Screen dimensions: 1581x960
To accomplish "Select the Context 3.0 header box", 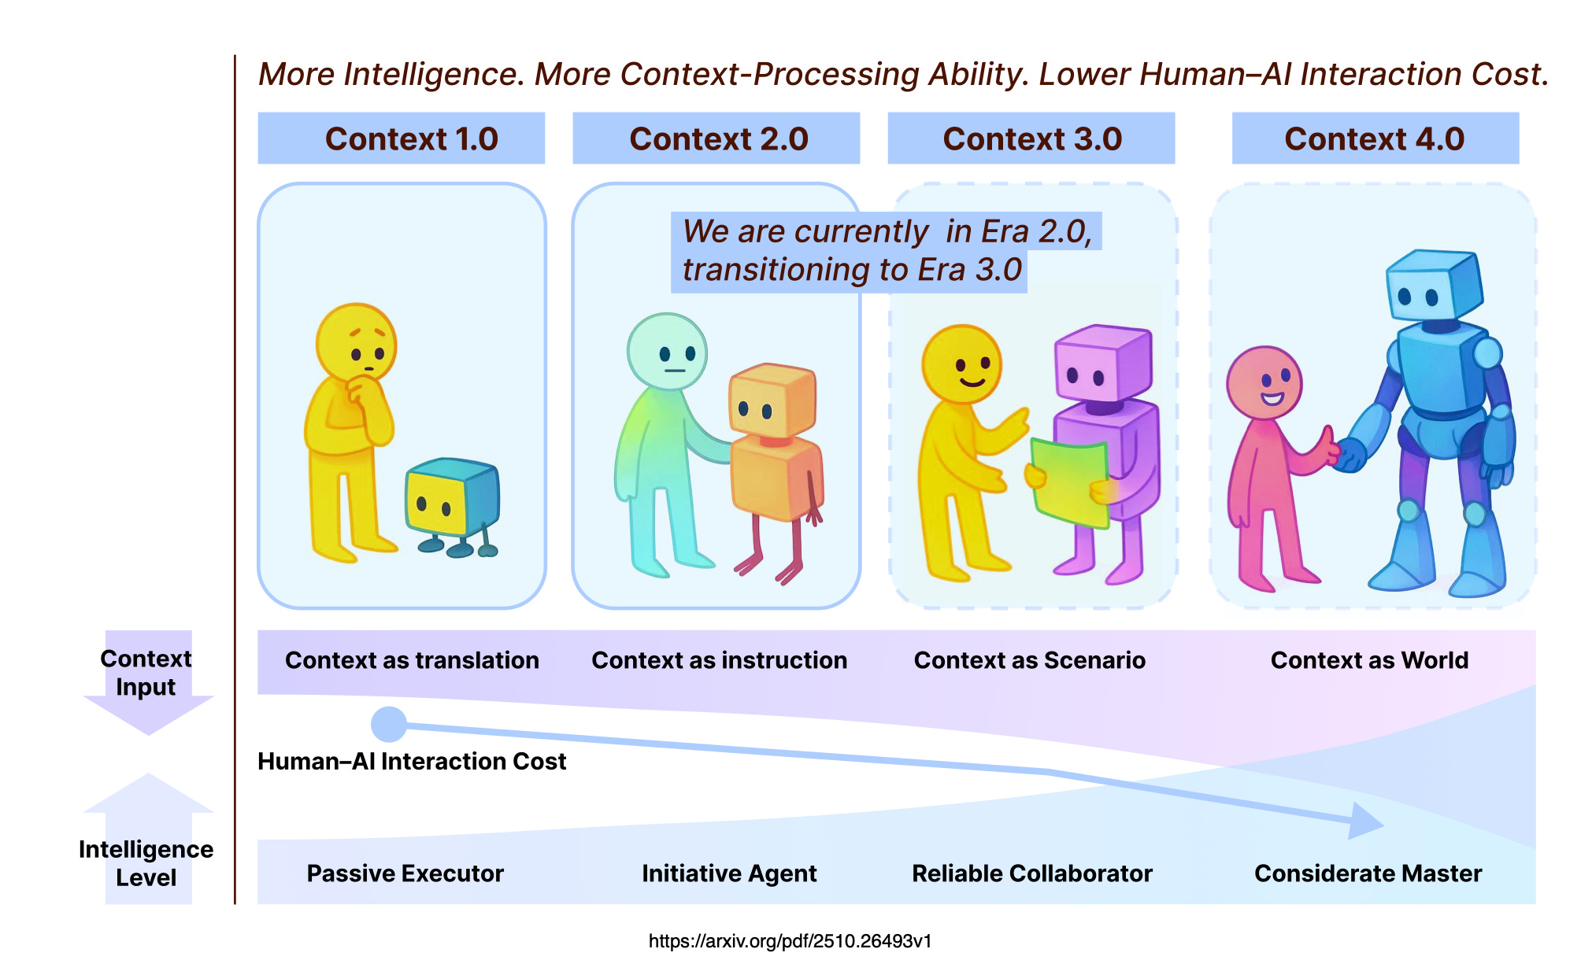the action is (1031, 138).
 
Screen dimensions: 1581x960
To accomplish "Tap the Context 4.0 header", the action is (1375, 138).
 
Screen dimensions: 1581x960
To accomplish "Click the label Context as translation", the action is (412, 660).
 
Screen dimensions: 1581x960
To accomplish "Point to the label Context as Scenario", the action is (1030, 660).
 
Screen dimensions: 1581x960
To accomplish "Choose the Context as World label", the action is (1369, 660).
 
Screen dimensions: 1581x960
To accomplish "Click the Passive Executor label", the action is (405, 873).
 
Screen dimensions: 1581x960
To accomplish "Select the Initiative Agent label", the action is (729, 873).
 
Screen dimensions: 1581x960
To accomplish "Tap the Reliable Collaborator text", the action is (1031, 873).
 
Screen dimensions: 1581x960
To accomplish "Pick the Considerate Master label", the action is (1368, 873).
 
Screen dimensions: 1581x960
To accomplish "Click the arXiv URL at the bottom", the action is (790, 941).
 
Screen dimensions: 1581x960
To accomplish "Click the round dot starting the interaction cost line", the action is (389, 725).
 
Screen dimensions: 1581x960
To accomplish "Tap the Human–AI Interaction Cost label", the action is (412, 762).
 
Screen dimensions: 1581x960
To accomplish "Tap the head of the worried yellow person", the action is (357, 343).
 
